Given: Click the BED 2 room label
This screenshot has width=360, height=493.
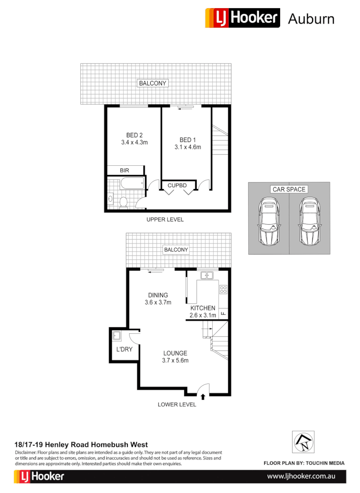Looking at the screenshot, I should point(135,135).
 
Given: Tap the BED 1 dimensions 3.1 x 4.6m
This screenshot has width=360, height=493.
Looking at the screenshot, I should point(188,147).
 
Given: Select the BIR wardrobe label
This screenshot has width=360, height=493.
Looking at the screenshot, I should point(125,170).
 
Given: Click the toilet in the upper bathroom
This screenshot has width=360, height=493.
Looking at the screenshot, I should point(123,201).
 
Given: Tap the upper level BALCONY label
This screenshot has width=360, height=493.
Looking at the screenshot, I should point(153,83).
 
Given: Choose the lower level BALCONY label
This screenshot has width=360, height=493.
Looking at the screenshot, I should point(176,250).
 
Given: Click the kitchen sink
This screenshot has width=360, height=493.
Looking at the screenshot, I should point(208,275).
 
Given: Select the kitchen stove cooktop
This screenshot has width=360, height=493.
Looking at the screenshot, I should point(223,289).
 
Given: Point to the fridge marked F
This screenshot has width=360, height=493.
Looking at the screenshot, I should point(223,314).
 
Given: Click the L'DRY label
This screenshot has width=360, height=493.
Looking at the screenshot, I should point(124,350).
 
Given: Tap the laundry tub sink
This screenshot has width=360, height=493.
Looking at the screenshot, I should point(117,336).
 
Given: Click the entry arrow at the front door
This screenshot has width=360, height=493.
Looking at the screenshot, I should point(203,397).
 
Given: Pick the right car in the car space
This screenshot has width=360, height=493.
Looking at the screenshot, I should point(309,221).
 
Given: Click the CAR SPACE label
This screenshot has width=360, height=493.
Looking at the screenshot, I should point(289,189).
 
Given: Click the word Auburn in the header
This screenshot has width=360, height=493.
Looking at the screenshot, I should point(311,19).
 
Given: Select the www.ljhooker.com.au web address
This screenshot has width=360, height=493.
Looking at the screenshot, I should point(301,476).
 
